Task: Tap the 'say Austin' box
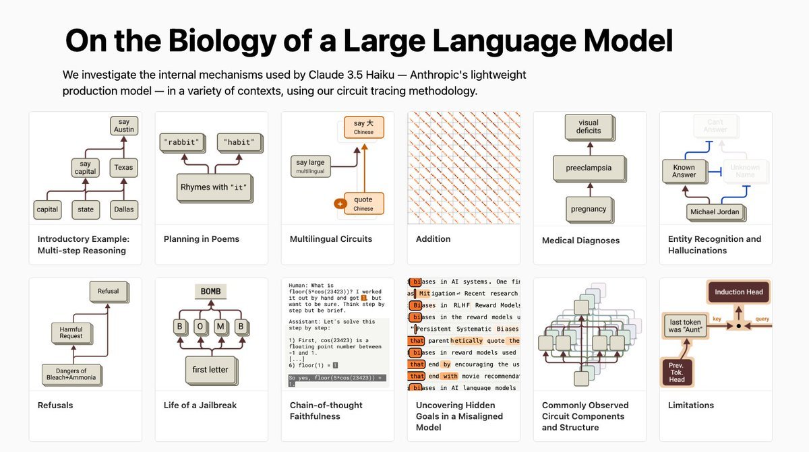(x=123, y=126)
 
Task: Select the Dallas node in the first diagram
(x=123, y=209)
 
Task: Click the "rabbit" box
(x=183, y=142)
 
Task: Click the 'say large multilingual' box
(x=311, y=166)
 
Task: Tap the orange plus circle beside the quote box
(x=340, y=203)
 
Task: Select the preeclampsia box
(x=589, y=168)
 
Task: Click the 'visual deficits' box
(x=588, y=127)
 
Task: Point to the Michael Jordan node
(x=715, y=212)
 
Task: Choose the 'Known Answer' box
(x=684, y=171)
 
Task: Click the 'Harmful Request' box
(x=71, y=333)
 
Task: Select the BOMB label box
(x=210, y=292)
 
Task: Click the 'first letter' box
(x=210, y=369)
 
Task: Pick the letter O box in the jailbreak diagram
(x=200, y=327)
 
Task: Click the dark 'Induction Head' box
(x=739, y=292)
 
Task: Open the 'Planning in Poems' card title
(x=202, y=239)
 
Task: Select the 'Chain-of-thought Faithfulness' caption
(x=326, y=411)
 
